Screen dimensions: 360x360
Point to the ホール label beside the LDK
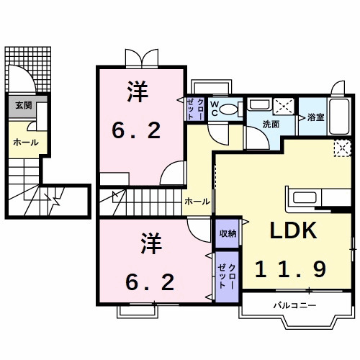tap(197, 202)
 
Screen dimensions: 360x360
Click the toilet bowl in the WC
tap(229, 110)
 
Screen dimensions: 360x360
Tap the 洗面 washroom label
tap(271, 124)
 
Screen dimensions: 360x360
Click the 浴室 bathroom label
tap(315, 117)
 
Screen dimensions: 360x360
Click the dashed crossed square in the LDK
tap(342, 147)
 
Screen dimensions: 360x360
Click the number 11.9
tap(291, 269)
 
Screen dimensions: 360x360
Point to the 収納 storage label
tap(226, 233)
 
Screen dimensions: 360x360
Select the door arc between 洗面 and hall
tap(253, 137)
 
